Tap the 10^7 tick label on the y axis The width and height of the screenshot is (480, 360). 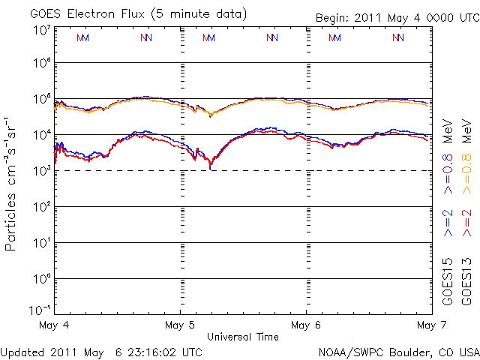[42, 30]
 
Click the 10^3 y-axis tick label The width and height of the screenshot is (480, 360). [42, 171]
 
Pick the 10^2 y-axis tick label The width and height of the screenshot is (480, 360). [42, 207]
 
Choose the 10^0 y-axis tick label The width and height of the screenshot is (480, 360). [42, 279]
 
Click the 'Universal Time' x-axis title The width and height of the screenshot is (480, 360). [242, 337]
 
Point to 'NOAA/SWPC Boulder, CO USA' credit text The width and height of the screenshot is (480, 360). [397, 352]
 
